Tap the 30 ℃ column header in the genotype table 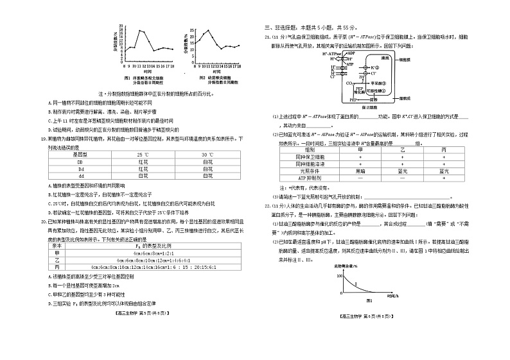[206, 155]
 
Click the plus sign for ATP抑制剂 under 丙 [443, 178]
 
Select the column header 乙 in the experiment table [403, 150]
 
